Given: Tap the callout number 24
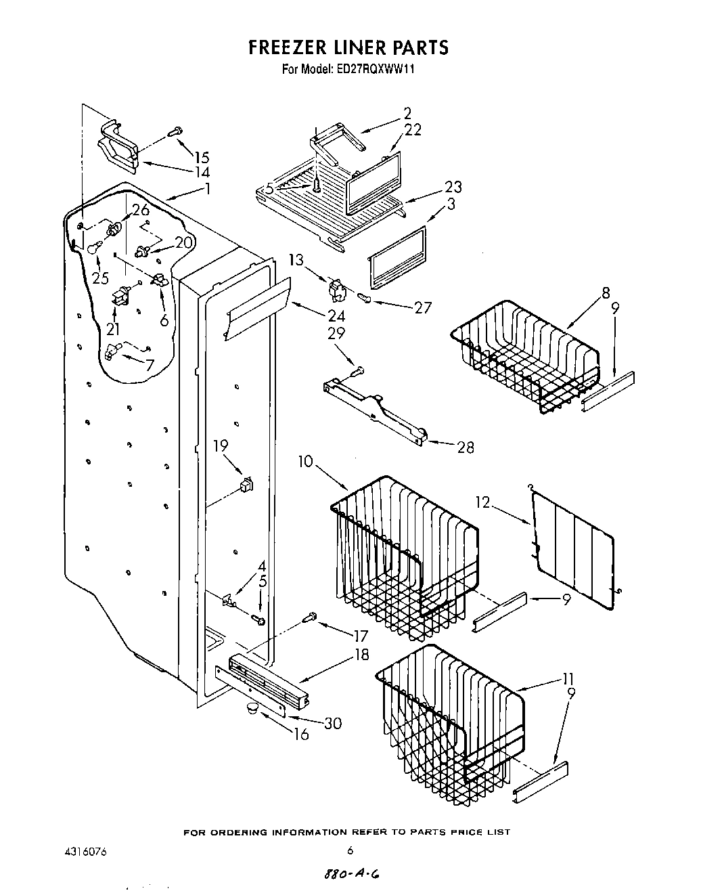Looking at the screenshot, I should (x=336, y=316).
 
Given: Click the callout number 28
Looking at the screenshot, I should (x=465, y=447).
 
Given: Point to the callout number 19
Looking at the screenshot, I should (x=221, y=445).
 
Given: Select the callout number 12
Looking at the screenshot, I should (x=501, y=503).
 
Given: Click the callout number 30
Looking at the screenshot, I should (x=332, y=724).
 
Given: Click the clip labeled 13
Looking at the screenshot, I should (x=336, y=289).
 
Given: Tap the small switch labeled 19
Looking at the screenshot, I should (x=247, y=484).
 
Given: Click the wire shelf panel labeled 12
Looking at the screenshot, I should (x=574, y=548).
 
